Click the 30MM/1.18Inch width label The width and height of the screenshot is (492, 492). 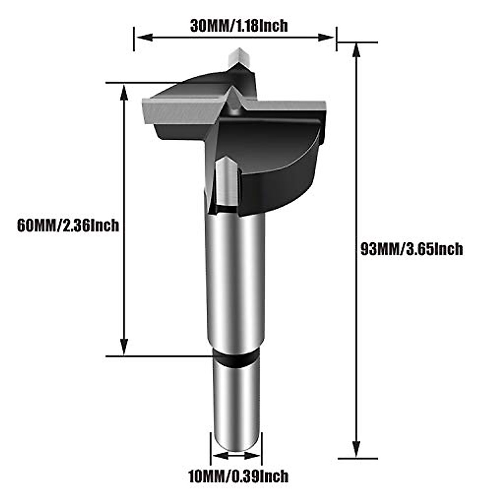(239, 26)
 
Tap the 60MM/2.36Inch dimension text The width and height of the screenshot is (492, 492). (68, 225)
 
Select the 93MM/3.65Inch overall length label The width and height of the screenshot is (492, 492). (411, 249)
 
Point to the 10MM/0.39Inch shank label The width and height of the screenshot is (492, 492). (238, 477)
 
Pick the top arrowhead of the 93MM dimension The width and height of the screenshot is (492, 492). (356, 49)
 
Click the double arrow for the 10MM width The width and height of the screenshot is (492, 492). (237, 456)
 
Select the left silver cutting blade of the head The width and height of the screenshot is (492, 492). (180, 111)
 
